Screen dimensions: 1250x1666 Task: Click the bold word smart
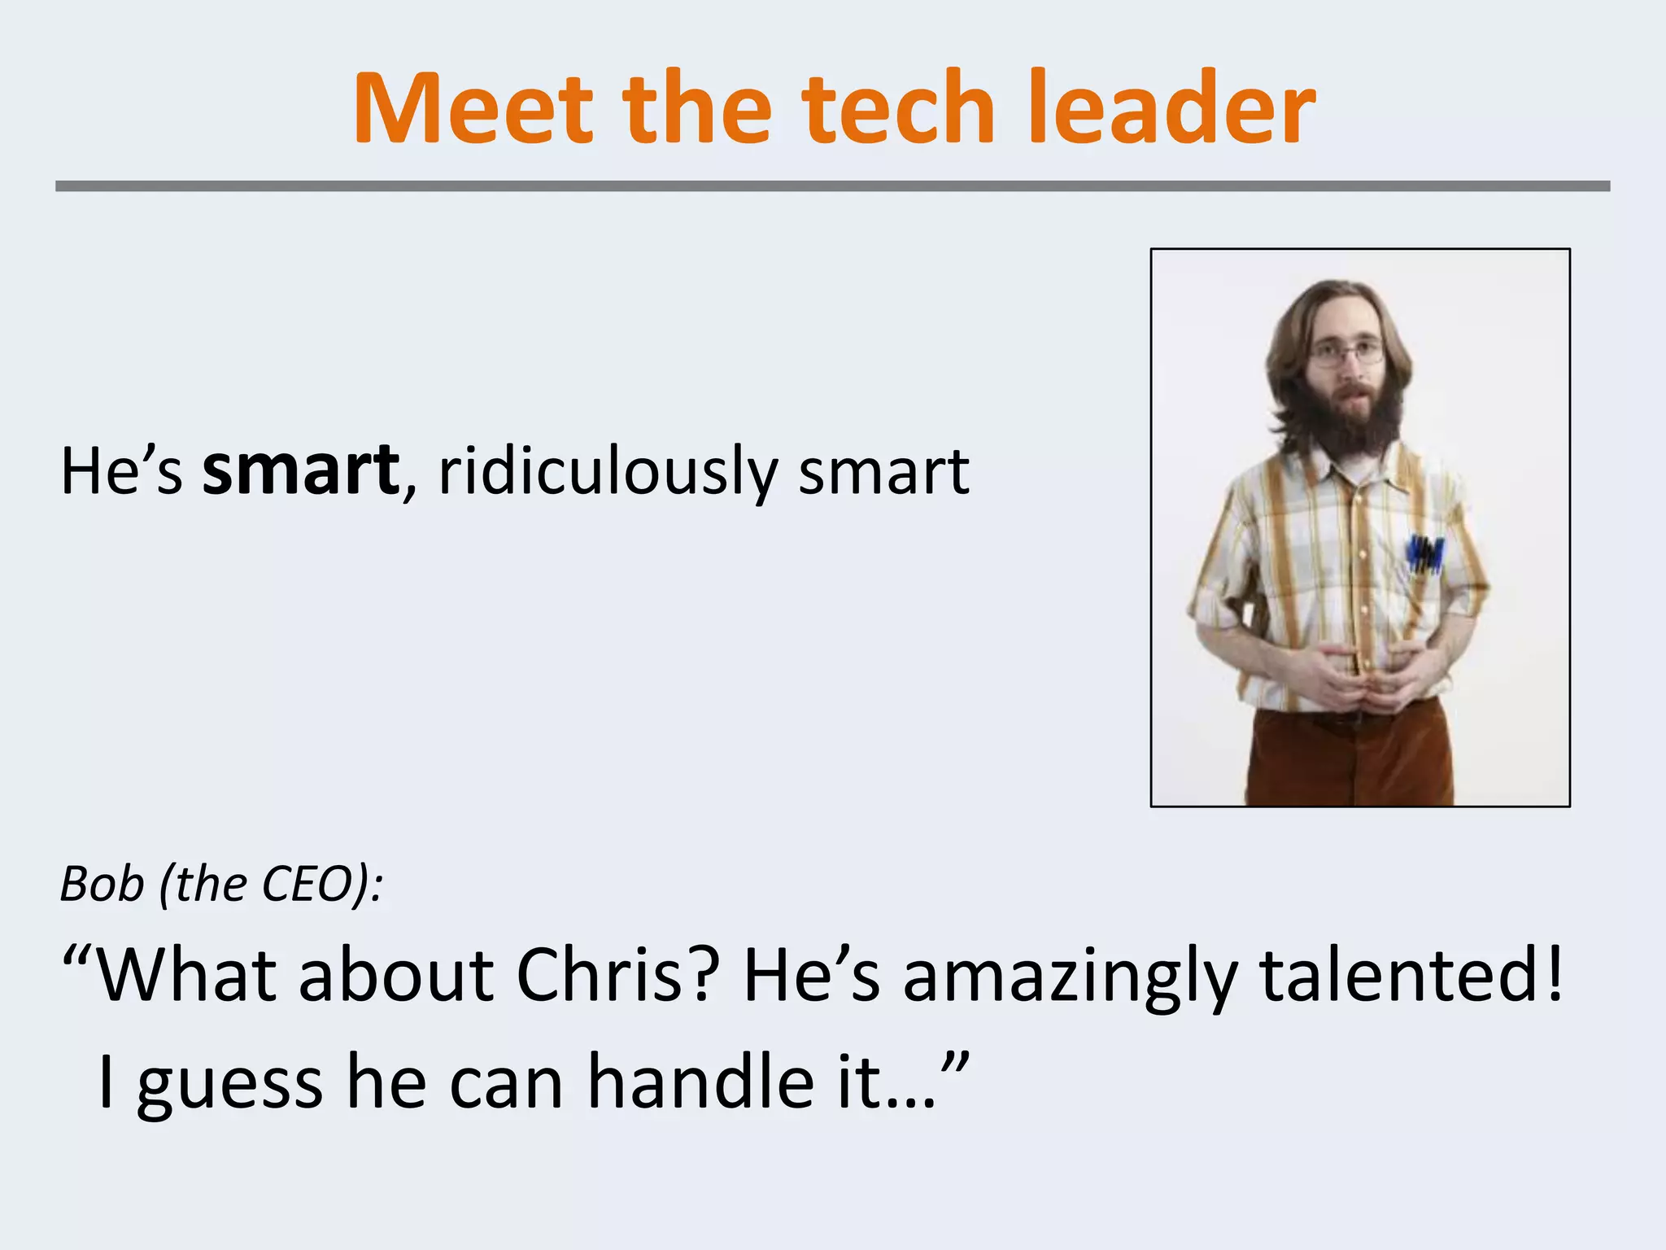(x=301, y=472)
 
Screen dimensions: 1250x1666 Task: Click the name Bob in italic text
(x=102, y=884)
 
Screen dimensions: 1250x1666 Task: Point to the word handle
(x=700, y=1082)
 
